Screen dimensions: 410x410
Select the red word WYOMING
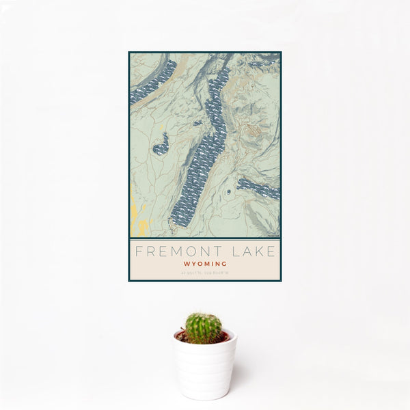tap(205, 263)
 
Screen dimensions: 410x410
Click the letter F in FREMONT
tap(137, 251)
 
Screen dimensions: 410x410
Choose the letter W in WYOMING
tap(185, 263)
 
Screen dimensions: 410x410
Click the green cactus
tap(204, 327)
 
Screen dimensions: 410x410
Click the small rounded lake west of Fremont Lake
tap(161, 144)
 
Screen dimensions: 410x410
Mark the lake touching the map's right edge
tap(260, 188)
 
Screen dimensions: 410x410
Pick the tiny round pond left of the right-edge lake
tap(228, 193)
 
